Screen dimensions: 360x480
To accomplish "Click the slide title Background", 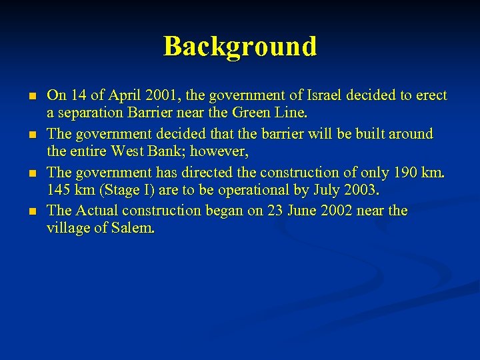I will (240, 47).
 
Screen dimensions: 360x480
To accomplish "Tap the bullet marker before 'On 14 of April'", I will (31, 97).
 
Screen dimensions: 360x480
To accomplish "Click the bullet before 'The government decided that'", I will (31, 135).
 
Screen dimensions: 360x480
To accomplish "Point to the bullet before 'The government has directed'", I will (31, 173).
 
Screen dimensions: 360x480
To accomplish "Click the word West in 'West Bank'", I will (131, 153).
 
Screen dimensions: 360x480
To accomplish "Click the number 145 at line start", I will (59, 191).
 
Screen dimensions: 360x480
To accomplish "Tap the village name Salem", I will (134, 229).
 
